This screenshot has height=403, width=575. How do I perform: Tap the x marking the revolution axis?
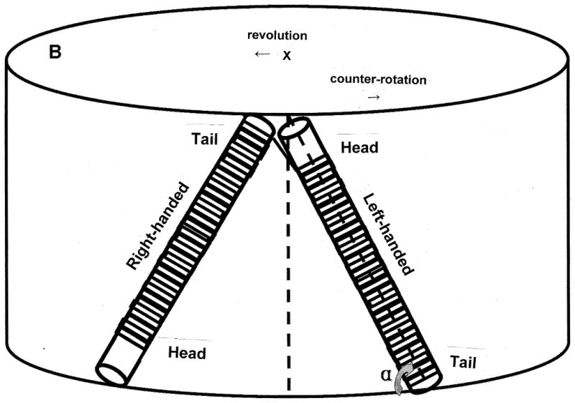(x=286, y=55)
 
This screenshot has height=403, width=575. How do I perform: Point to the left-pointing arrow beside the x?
(x=262, y=55)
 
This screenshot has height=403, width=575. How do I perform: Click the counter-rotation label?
(x=377, y=79)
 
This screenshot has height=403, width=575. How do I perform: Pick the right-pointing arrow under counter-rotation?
(x=372, y=97)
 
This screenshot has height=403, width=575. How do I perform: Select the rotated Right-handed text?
(x=157, y=225)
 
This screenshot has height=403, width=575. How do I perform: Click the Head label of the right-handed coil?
(x=187, y=353)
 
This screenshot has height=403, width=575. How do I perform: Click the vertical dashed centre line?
(x=289, y=288)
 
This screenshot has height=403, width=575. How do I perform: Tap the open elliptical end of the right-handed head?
(x=111, y=373)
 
